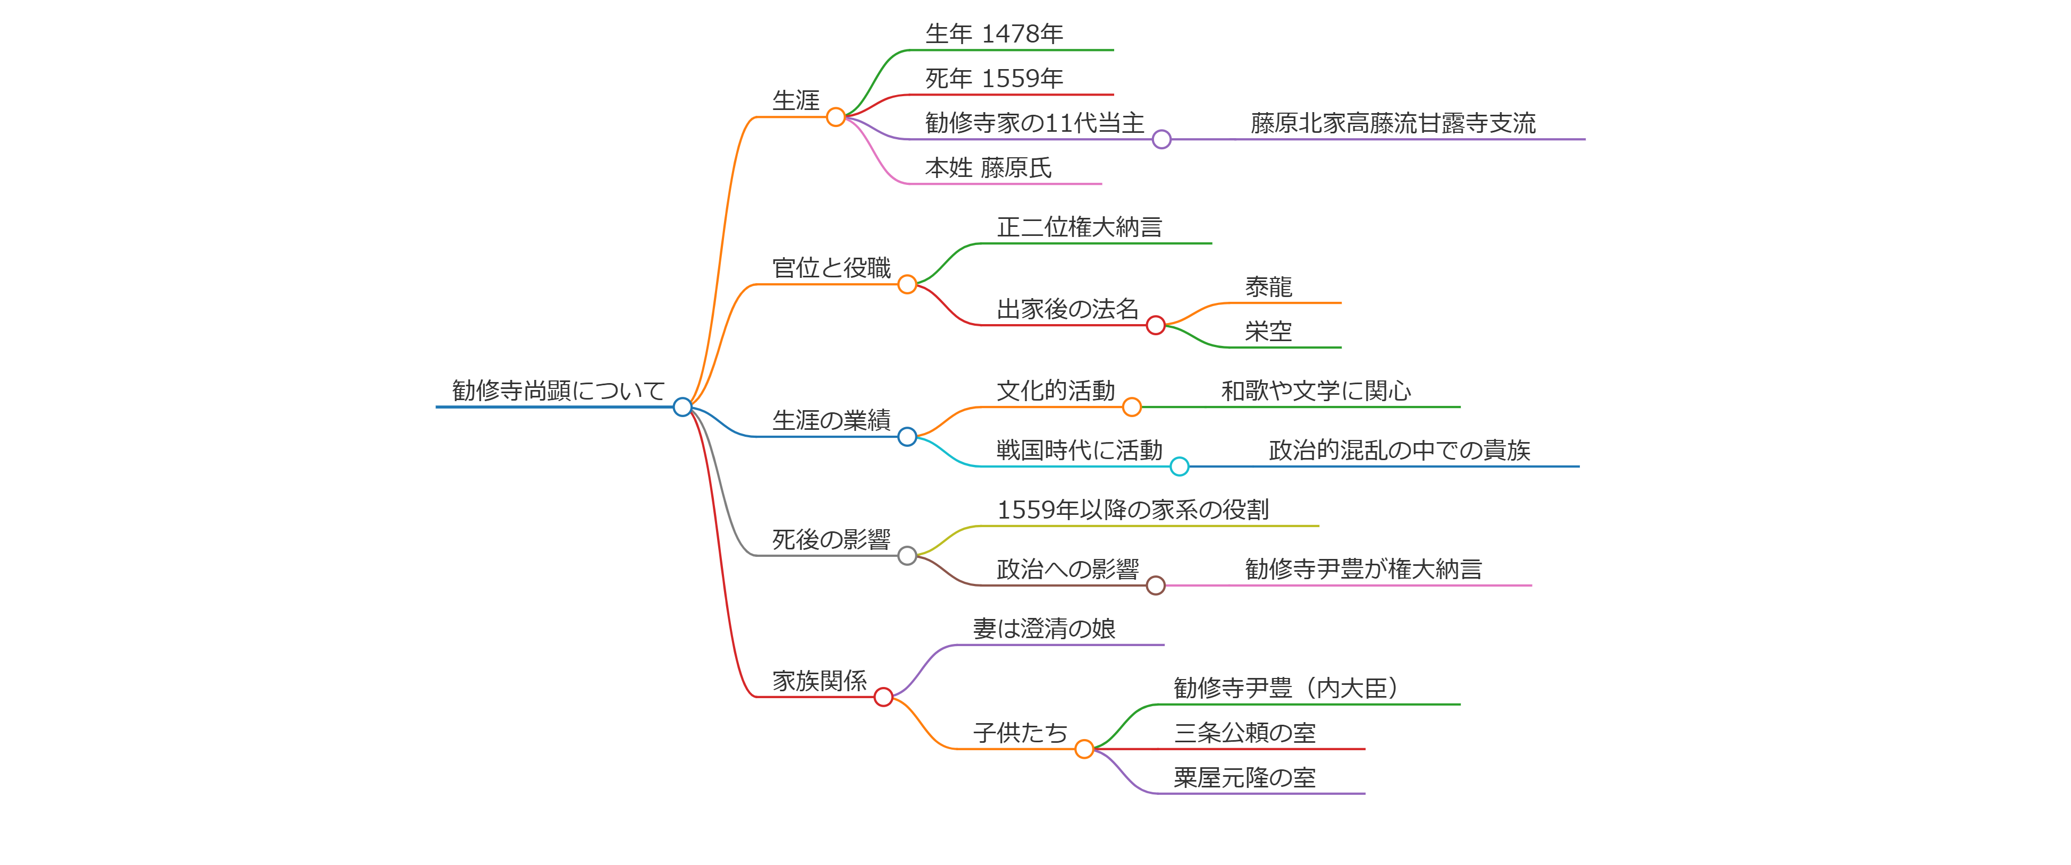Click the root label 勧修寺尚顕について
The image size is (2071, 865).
pyautogui.click(x=558, y=391)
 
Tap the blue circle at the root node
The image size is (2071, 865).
pyautogui.click(x=683, y=407)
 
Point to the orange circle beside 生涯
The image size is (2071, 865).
pyautogui.click(x=836, y=117)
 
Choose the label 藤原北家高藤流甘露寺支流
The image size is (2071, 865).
pyautogui.click(x=1393, y=123)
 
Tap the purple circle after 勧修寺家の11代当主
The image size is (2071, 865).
pyautogui.click(x=1161, y=140)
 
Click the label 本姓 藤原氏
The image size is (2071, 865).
pyautogui.click(x=988, y=167)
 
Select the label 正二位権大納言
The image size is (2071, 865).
pyautogui.click(x=1079, y=227)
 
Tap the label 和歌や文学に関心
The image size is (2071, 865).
pyautogui.click(x=1316, y=391)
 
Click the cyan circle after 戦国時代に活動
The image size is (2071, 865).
pyautogui.click(x=1180, y=467)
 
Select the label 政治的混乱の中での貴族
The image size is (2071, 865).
pyautogui.click(x=1399, y=450)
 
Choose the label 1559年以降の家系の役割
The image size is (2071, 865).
pyautogui.click(x=1133, y=510)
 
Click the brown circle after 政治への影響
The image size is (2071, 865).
pyautogui.click(x=1155, y=585)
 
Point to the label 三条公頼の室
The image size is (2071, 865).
pyautogui.click(x=1244, y=732)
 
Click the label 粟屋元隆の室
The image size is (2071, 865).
pyautogui.click(x=1244, y=777)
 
